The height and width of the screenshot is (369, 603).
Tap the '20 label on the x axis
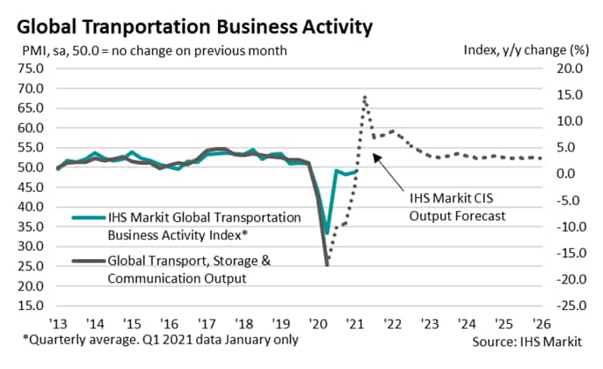(x=317, y=322)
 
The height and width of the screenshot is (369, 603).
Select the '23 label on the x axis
(x=427, y=322)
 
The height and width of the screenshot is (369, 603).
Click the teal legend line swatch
(x=86, y=217)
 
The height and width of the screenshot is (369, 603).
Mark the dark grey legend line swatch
(x=86, y=260)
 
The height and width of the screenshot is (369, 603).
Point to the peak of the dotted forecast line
(x=364, y=97)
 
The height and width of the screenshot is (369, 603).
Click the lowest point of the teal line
(x=327, y=233)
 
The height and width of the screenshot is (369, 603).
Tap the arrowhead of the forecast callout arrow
(x=374, y=156)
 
